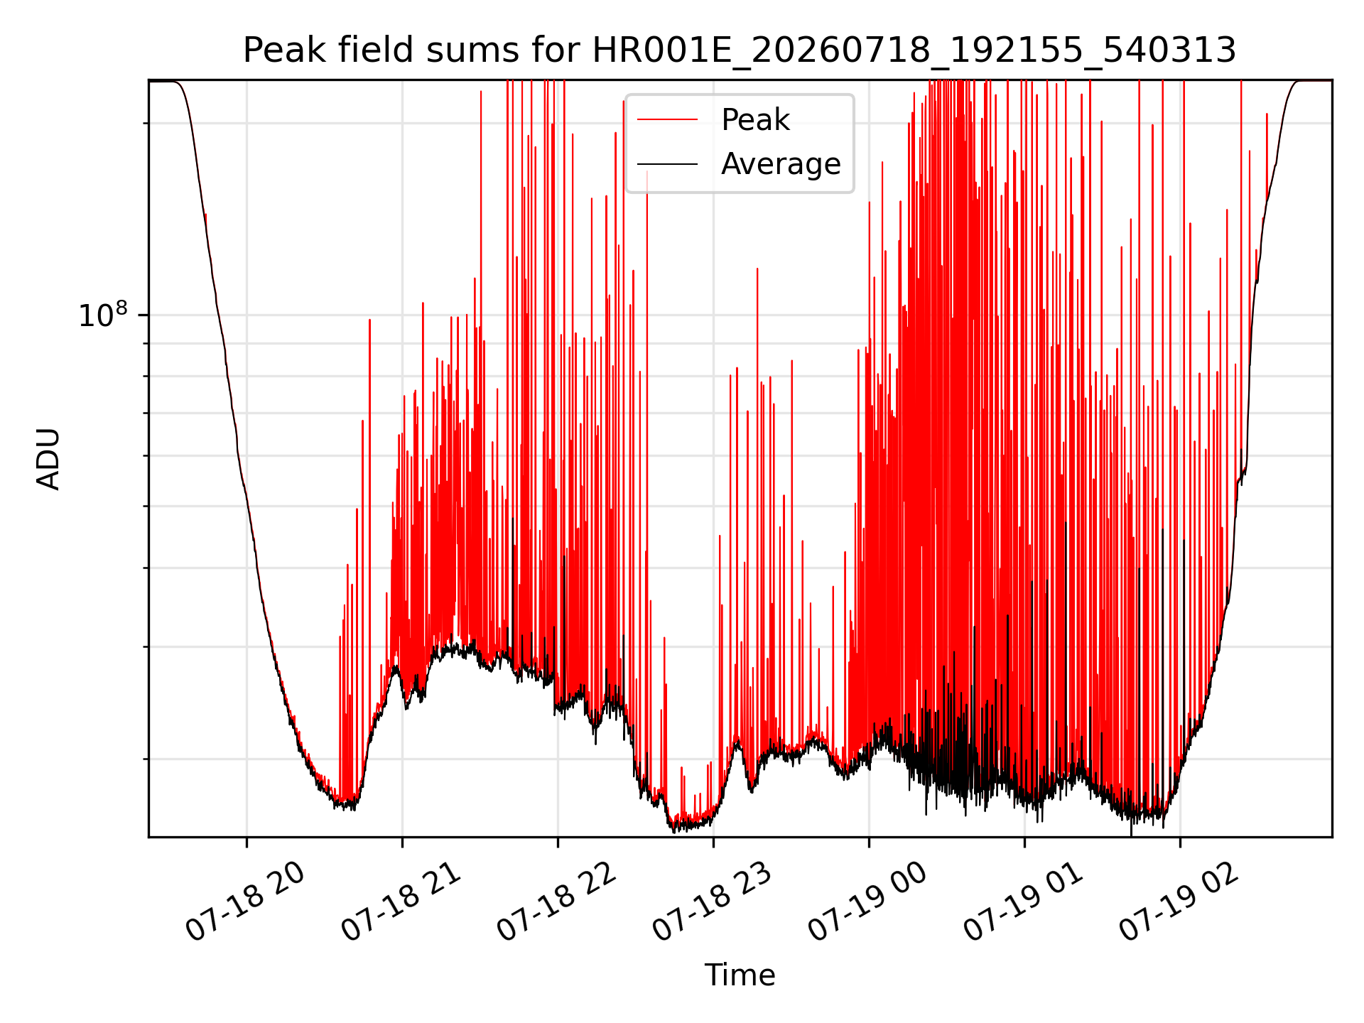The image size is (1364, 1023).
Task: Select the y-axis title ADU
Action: click(48, 459)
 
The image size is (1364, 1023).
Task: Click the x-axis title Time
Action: click(740, 975)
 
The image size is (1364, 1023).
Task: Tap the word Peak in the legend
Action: click(755, 120)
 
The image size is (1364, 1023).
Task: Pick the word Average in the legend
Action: click(781, 164)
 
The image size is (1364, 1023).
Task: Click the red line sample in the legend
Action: click(667, 120)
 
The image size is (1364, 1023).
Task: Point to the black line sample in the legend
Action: click(667, 165)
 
